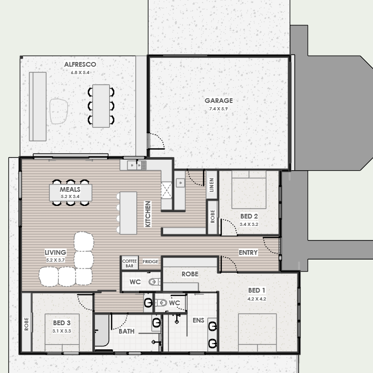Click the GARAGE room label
click(x=219, y=100)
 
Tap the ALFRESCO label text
click(x=80, y=64)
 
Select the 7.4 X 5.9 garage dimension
click(x=218, y=109)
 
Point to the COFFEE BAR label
click(x=130, y=263)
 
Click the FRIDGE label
click(x=151, y=262)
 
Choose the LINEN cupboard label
click(x=211, y=185)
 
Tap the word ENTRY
click(x=248, y=253)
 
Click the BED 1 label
click(x=257, y=291)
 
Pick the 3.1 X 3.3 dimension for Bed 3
click(x=61, y=331)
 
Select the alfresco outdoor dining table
click(x=101, y=106)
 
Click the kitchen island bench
click(x=128, y=213)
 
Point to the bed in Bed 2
click(x=249, y=190)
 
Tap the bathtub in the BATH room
click(x=102, y=330)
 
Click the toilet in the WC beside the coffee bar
click(x=154, y=282)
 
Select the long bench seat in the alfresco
click(x=38, y=107)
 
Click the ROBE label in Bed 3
click(x=26, y=324)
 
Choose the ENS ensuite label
click(x=198, y=320)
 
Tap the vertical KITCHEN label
click(x=148, y=214)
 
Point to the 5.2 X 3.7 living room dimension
click(x=56, y=260)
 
